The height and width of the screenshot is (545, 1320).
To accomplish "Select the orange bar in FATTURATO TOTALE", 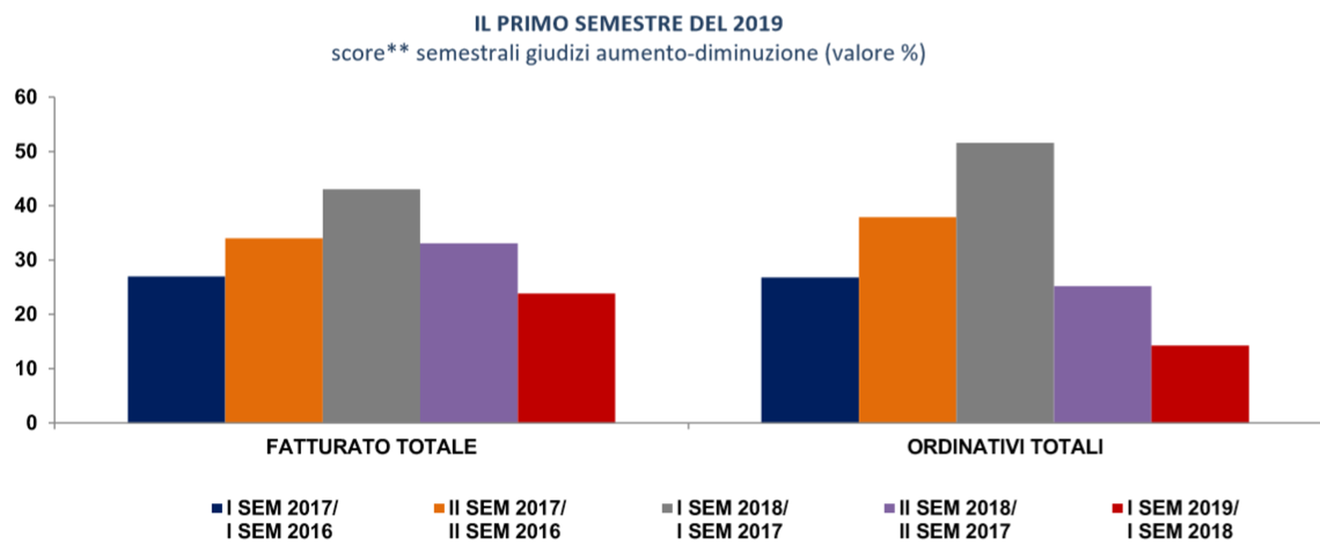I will click(x=274, y=330).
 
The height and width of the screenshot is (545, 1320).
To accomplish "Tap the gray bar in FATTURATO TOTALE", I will click(x=371, y=306).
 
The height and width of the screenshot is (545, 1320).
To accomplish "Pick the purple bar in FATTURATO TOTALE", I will click(x=469, y=333).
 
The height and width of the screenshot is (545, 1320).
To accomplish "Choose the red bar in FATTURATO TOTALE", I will click(x=566, y=357).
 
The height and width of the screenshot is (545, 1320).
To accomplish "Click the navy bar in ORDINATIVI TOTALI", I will click(x=810, y=350).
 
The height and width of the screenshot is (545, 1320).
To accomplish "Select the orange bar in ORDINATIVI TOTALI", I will click(x=907, y=320).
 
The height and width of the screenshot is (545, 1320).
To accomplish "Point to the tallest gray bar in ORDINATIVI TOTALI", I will click(x=1005, y=282).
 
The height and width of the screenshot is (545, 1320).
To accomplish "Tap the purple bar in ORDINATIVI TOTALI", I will click(x=1103, y=354).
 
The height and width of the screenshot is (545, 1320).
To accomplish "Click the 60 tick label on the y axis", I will click(x=26, y=98).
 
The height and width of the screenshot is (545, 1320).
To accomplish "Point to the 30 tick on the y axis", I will click(x=26, y=260).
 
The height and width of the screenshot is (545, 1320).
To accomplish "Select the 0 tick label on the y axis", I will click(x=32, y=423).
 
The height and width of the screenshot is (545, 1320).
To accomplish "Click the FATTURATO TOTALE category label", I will click(x=371, y=447).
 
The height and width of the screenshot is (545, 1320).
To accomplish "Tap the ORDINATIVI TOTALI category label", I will click(x=1005, y=447).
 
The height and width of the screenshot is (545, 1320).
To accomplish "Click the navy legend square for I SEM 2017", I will click(x=217, y=509).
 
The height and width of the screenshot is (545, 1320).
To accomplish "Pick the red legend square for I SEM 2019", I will click(x=1118, y=509).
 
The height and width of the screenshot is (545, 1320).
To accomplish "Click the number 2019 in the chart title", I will click(x=758, y=24).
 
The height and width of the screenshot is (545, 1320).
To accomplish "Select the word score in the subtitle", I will click(x=357, y=53).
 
